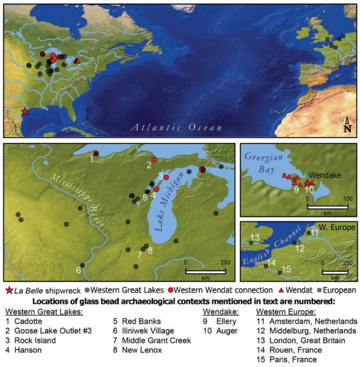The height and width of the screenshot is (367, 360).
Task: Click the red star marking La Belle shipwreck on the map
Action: pos(25,112)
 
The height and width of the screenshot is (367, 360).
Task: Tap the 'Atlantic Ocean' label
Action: pos(177,127)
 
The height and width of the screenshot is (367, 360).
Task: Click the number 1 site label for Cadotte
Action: pos(91,158)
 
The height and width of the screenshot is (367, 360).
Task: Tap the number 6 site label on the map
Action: pos(78,270)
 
